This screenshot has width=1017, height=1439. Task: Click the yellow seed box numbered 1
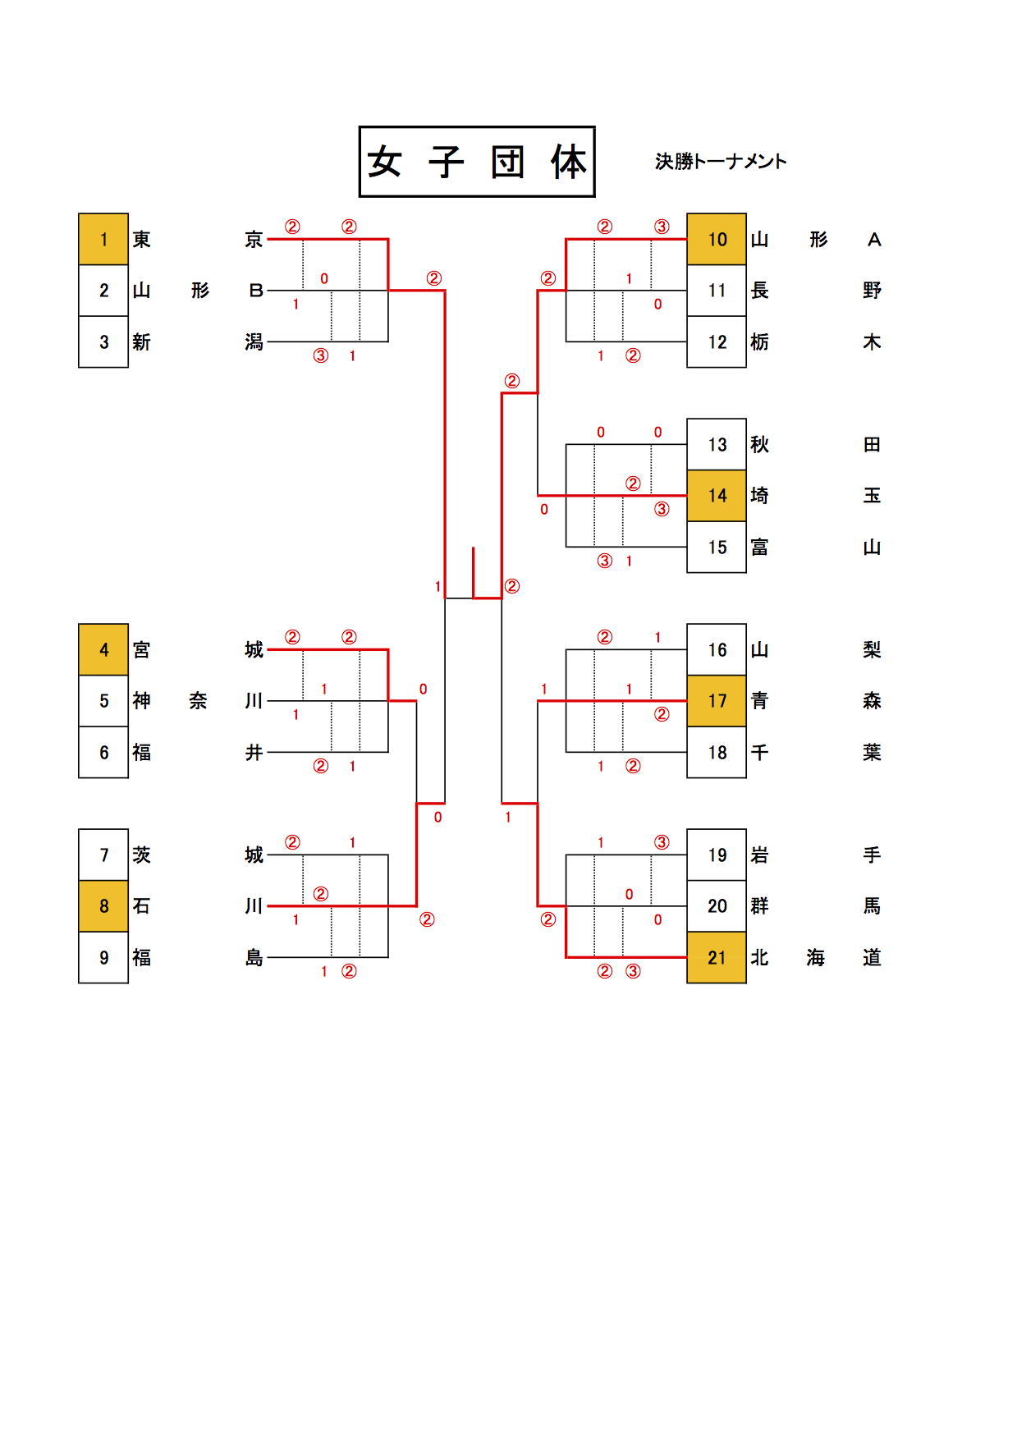[103, 239]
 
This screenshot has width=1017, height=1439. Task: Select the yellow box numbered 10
[717, 239]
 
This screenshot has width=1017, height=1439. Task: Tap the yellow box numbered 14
[717, 496]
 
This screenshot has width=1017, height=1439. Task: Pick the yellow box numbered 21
[717, 957]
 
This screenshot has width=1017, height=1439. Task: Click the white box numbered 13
[717, 444]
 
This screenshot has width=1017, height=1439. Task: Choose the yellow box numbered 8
[103, 906]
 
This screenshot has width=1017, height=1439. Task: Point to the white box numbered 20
[717, 906]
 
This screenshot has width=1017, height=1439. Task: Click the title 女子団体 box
[477, 162]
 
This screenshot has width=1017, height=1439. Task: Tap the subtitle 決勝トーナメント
[721, 162]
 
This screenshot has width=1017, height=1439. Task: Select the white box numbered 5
[103, 701]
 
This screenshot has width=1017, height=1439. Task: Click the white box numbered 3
[103, 341]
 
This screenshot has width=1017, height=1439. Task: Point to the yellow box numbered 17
[717, 701]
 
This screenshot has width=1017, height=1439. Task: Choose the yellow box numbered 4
[103, 649]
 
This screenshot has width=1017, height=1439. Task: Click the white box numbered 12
[717, 341]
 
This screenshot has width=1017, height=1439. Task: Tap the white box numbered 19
[717, 855]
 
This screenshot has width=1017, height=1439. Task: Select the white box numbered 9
[103, 957]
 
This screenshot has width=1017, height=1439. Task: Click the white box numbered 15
[717, 547]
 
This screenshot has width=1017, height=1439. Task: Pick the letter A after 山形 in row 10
[874, 240]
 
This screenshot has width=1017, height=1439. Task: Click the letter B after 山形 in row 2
[256, 291]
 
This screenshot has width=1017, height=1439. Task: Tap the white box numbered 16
[717, 649]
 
